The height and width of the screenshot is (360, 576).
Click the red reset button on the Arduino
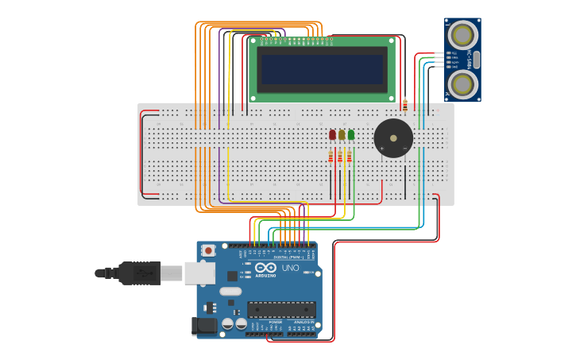pyautogui.click(x=208, y=250)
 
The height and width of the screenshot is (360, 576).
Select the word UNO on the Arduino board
pyautogui.click(x=290, y=268)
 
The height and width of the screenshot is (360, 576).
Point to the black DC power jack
pyautogui.click(x=204, y=325)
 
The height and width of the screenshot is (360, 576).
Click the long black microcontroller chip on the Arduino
pyautogui.click(x=280, y=310)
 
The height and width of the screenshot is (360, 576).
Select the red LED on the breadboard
pyautogui.click(x=332, y=135)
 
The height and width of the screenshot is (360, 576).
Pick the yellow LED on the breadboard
pyautogui.click(x=342, y=135)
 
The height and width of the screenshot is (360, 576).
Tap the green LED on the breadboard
pyautogui.click(x=350, y=135)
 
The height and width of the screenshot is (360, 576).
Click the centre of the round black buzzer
pyautogui.click(x=393, y=138)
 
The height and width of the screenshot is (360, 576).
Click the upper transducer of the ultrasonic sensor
pyautogui.click(x=462, y=35)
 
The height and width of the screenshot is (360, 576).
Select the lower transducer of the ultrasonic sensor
pyautogui.click(x=462, y=84)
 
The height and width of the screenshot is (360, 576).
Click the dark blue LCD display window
pyautogui.click(x=322, y=69)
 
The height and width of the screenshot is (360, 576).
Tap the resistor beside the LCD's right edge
pyautogui.click(x=405, y=105)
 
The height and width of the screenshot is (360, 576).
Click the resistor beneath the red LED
pyautogui.click(x=331, y=157)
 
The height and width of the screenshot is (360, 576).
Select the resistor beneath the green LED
pyautogui.click(x=348, y=157)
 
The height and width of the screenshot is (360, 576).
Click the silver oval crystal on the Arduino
pyautogui.click(x=230, y=292)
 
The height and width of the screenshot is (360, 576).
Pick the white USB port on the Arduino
pyautogui.click(x=200, y=273)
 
